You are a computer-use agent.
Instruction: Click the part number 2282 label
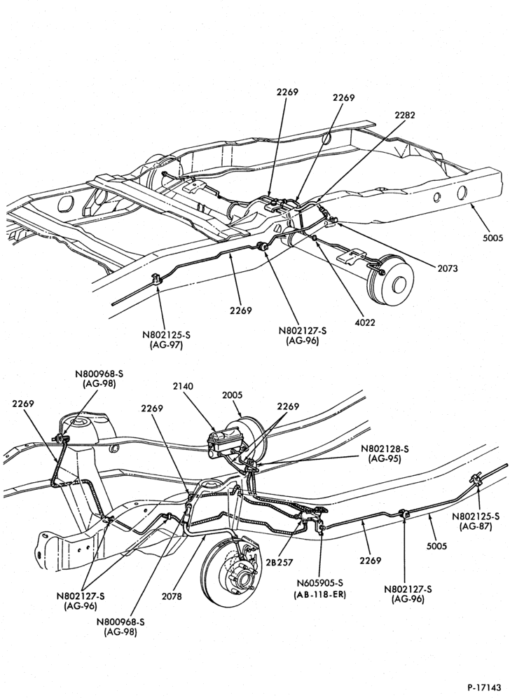(404, 115)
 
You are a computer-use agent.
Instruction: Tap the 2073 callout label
(447, 268)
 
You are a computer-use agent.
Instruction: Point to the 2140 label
(183, 386)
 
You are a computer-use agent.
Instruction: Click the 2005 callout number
(232, 395)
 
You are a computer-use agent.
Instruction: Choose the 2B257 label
(279, 562)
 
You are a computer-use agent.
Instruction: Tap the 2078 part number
(172, 596)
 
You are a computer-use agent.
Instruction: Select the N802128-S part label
(385, 449)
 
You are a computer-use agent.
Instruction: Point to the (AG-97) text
(165, 345)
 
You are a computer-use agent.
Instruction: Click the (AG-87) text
(476, 526)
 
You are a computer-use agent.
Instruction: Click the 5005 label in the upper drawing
(492, 238)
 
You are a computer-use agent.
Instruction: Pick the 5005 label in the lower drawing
(436, 546)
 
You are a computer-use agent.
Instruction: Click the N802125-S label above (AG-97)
(165, 334)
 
